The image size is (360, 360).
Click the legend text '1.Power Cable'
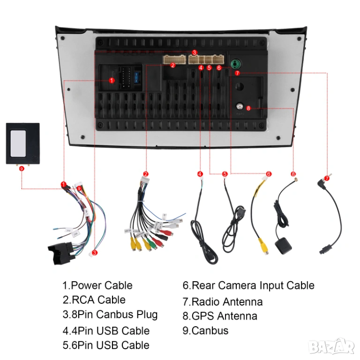pos(97,285)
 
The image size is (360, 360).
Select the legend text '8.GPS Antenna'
pos(220,316)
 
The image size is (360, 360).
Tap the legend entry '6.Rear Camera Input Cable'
pos(248,285)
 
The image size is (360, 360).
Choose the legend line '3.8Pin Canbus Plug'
pos(110,315)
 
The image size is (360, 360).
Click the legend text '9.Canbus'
pos(205,330)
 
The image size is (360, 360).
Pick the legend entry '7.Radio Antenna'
pos(223,302)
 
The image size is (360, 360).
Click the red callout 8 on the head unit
pos(248,108)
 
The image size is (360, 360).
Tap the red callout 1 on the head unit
pos(112,81)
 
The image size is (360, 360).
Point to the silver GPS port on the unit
pos(240,107)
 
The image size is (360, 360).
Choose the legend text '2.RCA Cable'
pos(94,300)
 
